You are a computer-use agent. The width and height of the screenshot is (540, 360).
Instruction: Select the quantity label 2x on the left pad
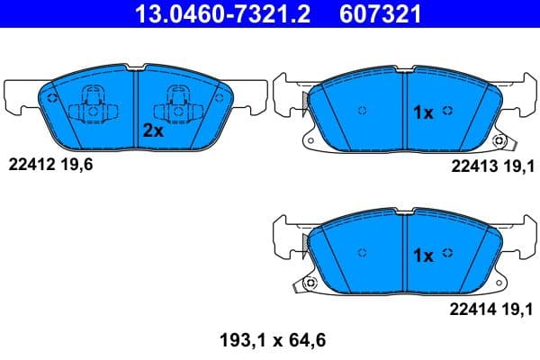(152, 130)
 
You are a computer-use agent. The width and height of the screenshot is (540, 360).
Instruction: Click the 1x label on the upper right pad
(423, 112)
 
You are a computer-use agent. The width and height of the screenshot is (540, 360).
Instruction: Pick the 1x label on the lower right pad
(423, 256)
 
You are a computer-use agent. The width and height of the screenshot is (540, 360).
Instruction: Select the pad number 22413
(471, 165)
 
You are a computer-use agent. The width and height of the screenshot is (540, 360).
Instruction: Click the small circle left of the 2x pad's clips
(52, 99)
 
